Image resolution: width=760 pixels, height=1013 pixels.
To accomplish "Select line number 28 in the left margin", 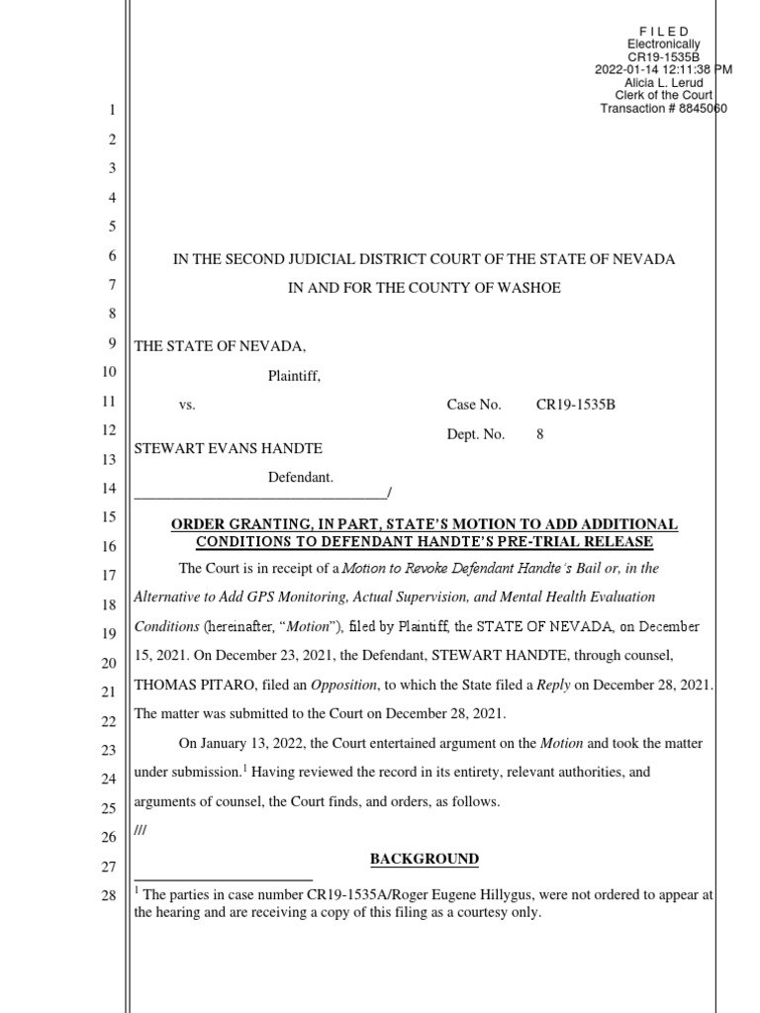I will [x=109, y=895].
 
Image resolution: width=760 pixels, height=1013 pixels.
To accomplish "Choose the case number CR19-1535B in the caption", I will [x=576, y=405].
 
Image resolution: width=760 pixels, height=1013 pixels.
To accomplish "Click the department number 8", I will [x=540, y=433].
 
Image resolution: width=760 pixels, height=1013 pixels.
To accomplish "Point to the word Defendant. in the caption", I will [x=302, y=478].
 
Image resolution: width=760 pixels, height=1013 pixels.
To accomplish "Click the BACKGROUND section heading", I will [x=425, y=859].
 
